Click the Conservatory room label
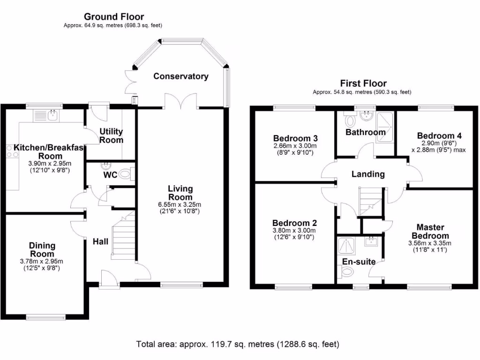point(180,76)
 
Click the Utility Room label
point(111,136)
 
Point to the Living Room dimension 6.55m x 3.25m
point(180,204)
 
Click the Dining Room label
point(42,249)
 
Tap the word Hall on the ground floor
point(100,241)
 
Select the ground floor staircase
point(123,237)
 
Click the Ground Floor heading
point(114,17)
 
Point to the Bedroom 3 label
point(295,138)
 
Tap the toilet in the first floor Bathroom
point(350,121)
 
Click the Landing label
point(368,174)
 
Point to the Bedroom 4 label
point(436,136)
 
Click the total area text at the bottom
point(238,344)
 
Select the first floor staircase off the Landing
point(370,202)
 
